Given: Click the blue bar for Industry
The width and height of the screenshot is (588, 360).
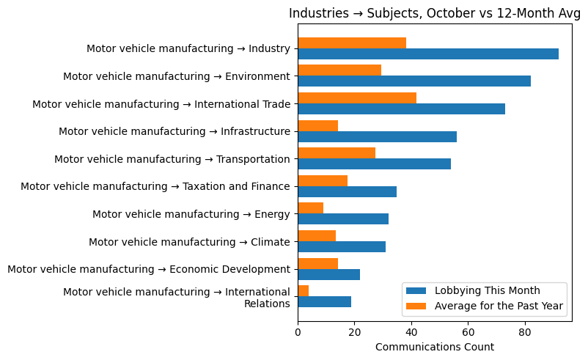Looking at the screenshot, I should [x=428, y=54].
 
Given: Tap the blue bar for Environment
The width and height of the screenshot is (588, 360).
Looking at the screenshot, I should [x=414, y=81].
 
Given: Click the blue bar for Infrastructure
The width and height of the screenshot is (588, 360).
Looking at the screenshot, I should [x=377, y=136].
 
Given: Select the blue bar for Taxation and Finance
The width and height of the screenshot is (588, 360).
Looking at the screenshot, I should [x=347, y=191].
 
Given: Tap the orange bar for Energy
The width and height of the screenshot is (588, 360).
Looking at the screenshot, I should [x=310, y=207].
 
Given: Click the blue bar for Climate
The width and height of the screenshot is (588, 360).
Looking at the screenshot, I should [x=342, y=246].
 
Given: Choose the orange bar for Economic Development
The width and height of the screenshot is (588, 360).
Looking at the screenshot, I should [x=317, y=263].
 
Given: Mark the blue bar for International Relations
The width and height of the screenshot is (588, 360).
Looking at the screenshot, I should [x=324, y=301].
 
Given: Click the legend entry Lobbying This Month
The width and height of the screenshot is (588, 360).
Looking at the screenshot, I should [x=488, y=290].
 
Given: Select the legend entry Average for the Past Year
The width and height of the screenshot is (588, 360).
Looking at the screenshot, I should [x=499, y=306].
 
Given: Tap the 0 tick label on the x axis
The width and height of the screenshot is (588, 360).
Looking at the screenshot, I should [x=298, y=332].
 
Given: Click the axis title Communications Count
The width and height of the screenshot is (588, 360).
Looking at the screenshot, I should [x=434, y=347].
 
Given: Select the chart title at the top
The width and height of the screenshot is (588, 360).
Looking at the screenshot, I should [x=435, y=13].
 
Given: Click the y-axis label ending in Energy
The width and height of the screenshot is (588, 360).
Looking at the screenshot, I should [x=191, y=214].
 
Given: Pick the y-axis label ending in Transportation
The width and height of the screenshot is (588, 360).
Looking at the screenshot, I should [x=172, y=159].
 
